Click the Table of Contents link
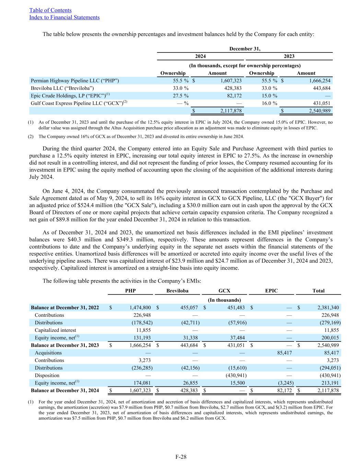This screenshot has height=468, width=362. (x=50, y=10)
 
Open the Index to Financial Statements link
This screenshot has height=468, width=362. (x=65, y=17)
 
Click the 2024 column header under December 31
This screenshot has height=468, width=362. (x=200, y=56)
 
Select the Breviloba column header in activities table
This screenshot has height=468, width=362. (x=177, y=291)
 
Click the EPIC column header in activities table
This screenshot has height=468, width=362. (x=271, y=291)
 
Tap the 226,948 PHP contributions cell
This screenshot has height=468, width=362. (x=142, y=315)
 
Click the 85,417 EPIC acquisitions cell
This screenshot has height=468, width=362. (x=284, y=353)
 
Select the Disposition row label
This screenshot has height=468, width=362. (x=47, y=375)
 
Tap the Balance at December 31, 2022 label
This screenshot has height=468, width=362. (x=65, y=308)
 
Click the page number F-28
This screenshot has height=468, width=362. (x=181, y=457)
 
